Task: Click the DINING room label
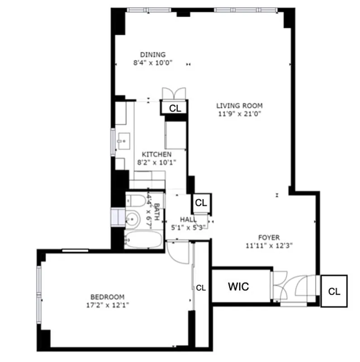click(152, 55)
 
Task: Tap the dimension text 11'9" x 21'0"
click(239, 114)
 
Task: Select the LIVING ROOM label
click(239, 106)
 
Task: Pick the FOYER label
click(269, 237)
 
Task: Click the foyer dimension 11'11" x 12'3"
click(269, 246)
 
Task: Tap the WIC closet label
click(238, 287)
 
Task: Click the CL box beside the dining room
click(175, 108)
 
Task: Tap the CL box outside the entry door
click(334, 291)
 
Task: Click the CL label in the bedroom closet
click(201, 287)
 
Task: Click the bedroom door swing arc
click(178, 253)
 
